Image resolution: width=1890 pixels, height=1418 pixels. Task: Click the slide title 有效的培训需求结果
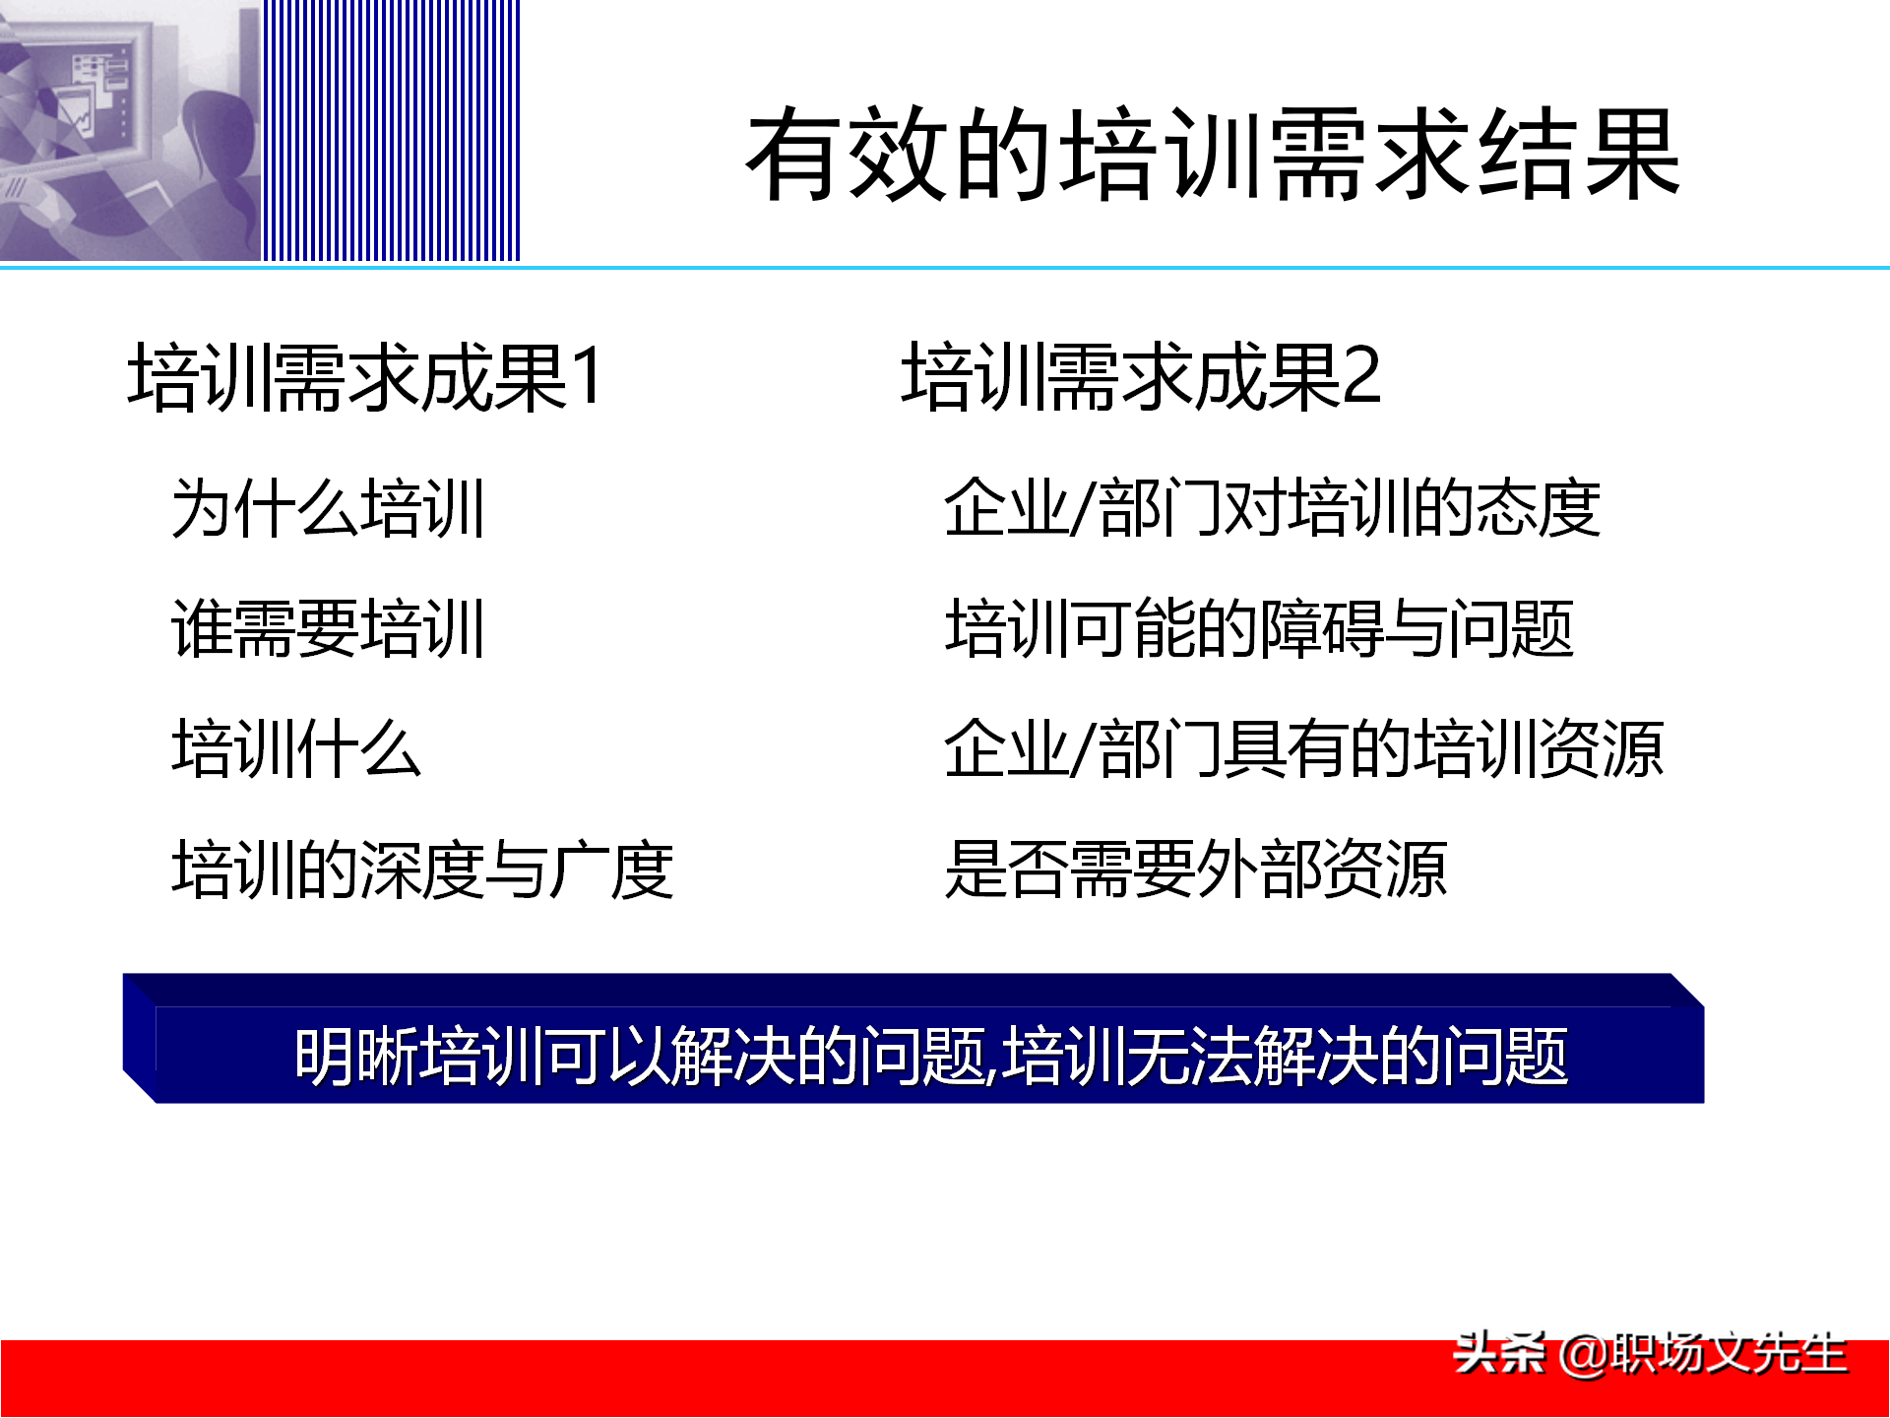(x=1213, y=156)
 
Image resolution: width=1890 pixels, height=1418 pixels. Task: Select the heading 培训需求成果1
(x=364, y=376)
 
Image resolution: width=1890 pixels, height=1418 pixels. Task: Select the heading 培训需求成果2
(x=1140, y=376)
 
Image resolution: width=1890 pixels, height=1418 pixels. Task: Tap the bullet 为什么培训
(x=328, y=509)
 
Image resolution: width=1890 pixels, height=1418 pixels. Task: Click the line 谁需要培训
(x=328, y=628)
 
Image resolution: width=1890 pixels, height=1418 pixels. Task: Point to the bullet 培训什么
(x=296, y=749)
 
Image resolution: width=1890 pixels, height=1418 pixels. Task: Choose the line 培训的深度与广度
(x=422, y=870)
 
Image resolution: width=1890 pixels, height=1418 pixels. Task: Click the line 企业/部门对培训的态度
(x=1272, y=509)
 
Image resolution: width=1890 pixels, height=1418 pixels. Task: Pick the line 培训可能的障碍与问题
(x=1259, y=628)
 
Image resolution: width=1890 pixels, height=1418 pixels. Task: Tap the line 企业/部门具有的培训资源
(x=1303, y=749)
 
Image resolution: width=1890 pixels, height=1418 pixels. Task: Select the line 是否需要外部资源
(x=1195, y=870)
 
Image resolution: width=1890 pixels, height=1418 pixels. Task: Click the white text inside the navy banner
(x=930, y=1057)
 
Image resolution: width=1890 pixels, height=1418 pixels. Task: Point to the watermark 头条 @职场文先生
(x=1650, y=1354)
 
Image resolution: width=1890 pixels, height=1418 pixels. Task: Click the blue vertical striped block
(x=391, y=130)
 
